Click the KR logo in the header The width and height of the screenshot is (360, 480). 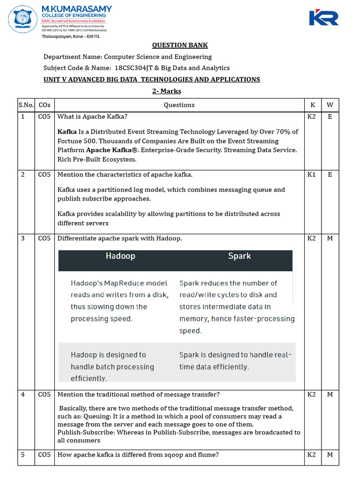click(x=323, y=18)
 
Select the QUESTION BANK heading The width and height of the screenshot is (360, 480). click(x=180, y=45)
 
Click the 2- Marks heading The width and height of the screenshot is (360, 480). click(x=166, y=91)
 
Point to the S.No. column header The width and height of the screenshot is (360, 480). click(x=26, y=105)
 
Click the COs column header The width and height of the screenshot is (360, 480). click(x=45, y=105)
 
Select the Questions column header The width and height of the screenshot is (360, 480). click(x=179, y=105)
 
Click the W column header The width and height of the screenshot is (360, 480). click(x=330, y=105)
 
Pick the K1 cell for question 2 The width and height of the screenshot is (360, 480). click(x=312, y=174)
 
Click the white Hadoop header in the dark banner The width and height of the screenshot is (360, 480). click(x=120, y=256)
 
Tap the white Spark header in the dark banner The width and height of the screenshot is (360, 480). click(x=239, y=256)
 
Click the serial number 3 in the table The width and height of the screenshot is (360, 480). click(x=22, y=238)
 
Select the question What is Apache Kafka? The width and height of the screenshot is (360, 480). click(x=92, y=117)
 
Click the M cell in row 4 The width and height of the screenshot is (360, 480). click(x=330, y=394)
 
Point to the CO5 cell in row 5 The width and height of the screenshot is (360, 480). click(x=45, y=455)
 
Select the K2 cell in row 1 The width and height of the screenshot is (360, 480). click(x=312, y=117)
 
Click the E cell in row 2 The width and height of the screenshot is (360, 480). click(x=330, y=174)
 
